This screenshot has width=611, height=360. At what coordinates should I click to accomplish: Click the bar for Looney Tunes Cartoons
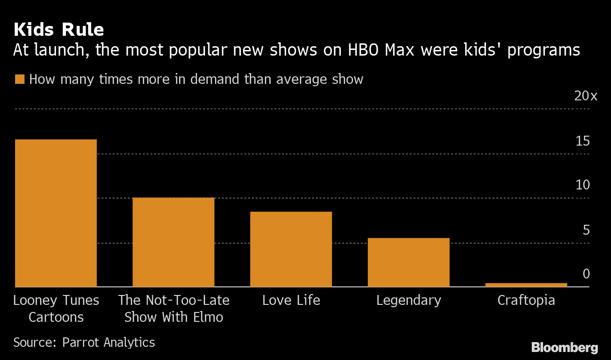(56, 213)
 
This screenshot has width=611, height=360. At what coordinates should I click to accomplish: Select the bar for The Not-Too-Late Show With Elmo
(173, 242)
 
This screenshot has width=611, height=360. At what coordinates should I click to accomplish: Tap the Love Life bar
(291, 249)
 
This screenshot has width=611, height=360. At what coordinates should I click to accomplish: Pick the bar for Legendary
(408, 262)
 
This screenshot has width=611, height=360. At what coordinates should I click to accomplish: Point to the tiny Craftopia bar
(526, 285)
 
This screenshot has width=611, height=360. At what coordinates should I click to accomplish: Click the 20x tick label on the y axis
(586, 96)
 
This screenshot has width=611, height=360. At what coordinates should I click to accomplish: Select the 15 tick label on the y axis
(583, 141)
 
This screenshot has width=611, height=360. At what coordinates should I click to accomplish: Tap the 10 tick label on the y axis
(583, 185)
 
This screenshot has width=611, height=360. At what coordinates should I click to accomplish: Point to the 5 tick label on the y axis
(586, 230)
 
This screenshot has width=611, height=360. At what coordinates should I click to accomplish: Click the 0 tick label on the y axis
(586, 274)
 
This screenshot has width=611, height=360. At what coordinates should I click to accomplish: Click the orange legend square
(20, 79)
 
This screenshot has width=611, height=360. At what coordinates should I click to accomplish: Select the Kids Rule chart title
(58, 30)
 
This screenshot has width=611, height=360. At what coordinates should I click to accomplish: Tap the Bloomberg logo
(564, 348)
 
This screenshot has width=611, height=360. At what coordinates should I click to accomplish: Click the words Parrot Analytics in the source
(108, 342)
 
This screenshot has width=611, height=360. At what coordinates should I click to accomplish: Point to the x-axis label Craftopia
(526, 301)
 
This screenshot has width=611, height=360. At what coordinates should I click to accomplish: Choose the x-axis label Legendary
(409, 301)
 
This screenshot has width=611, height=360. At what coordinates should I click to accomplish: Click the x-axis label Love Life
(291, 301)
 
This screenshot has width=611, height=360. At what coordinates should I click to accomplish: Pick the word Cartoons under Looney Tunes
(56, 317)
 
